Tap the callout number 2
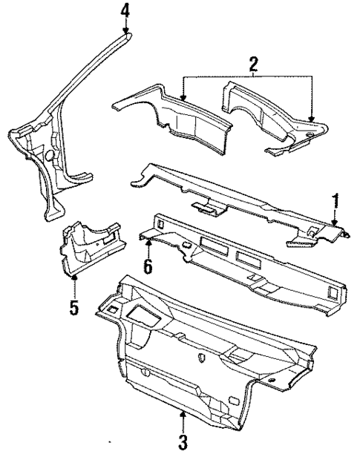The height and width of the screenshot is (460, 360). click(253, 65)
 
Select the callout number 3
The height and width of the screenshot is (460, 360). click(183, 444)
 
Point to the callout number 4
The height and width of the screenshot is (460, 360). click(125, 11)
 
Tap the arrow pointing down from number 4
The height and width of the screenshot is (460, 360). click(125, 26)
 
